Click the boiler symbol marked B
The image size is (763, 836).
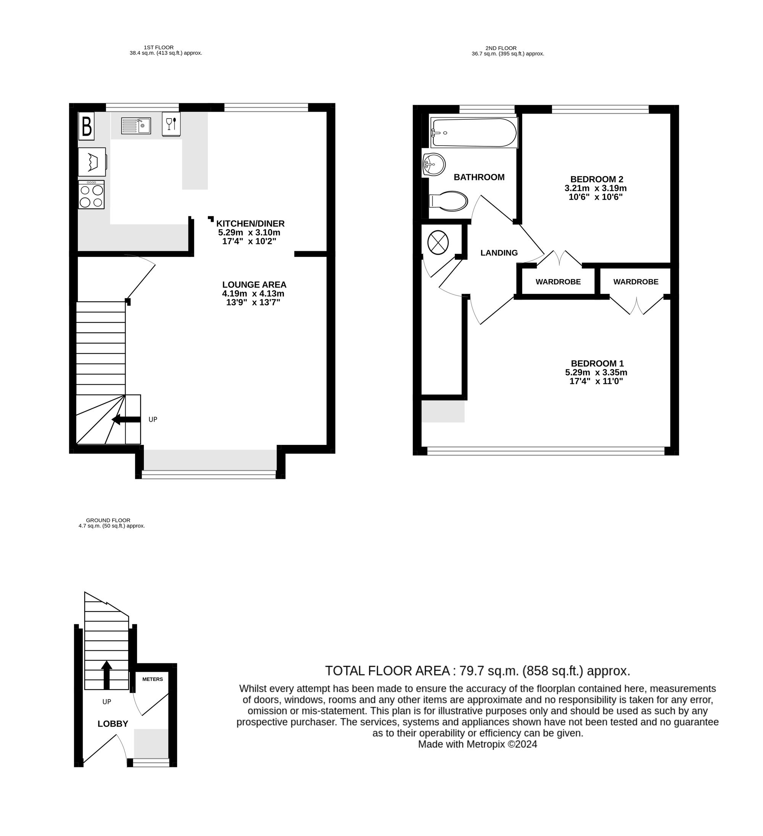pyautogui.click(x=86, y=126)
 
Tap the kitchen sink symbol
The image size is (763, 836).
pyautogui.click(x=136, y=126)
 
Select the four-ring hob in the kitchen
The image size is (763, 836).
pyautogui.click(x=91, y=194)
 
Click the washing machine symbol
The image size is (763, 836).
pyautogui.click(x=92, y=162)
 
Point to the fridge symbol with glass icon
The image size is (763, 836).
pyautogui.click(x=171, y=124)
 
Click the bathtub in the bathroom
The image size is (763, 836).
pyautogui.click(x=474, y=133)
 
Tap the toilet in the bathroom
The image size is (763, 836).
pyautogui.click(x=448, y=202)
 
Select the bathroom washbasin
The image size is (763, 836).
pyautogui.click(x=433, y=165)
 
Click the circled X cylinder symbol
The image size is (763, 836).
pyautogui.click(x=438, y=242)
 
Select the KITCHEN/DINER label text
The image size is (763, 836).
pyautogui.click(x=251, y=223)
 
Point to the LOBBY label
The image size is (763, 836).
pyautogui.click(x=113, y=724)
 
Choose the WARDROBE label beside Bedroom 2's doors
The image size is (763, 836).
pyautogui.click(x=558, y=282)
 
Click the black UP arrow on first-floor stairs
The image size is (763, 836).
pyautogui.click(x=126, y=419)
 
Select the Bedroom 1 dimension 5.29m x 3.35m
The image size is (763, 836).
pyautogui.click(x=596, y=372)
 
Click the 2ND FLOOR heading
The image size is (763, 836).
pyautogui.click(x=501, y=48)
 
